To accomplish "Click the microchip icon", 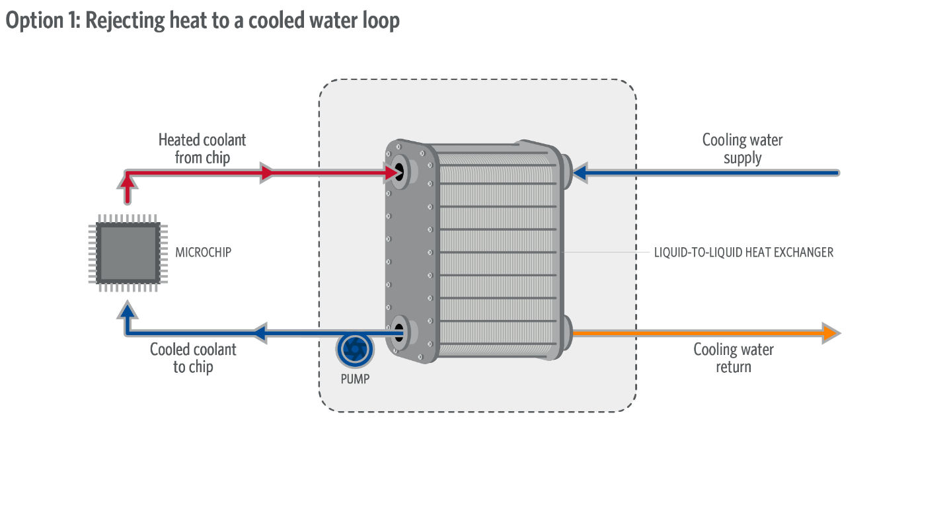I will point(128,253).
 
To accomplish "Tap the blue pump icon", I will point(354,350).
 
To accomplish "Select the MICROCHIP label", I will point(204,253).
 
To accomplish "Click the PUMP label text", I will point(355,379).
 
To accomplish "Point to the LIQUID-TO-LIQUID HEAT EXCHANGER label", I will point(743,253).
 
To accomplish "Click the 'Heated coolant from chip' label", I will point(202,149).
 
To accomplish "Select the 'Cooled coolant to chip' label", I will point(193,358).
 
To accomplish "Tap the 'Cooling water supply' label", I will point(742,149).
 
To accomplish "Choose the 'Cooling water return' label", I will point(734,358).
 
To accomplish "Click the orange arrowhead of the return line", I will point(831,333).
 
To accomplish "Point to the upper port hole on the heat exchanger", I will point(399,172).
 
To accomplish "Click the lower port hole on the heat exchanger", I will point(399,332).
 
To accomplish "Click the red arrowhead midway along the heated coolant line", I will point(267,173).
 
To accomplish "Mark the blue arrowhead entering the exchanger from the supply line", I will point(580,173).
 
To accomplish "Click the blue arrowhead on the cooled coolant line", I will point(260,333).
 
